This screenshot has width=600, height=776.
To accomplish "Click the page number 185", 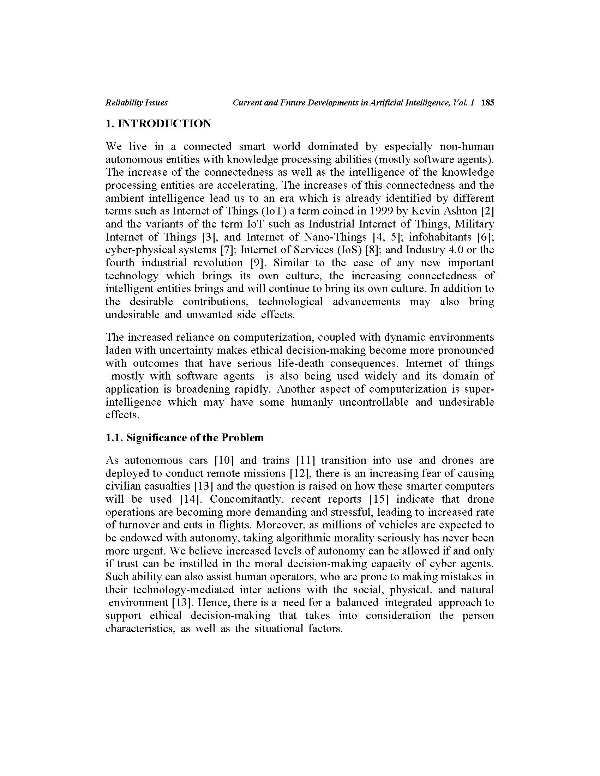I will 487,103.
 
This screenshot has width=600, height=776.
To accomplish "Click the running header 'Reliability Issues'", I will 137,103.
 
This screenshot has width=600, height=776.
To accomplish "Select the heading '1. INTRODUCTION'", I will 158,124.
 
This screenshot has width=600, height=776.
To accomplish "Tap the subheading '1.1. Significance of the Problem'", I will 185,437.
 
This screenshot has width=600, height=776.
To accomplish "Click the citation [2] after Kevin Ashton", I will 487,211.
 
